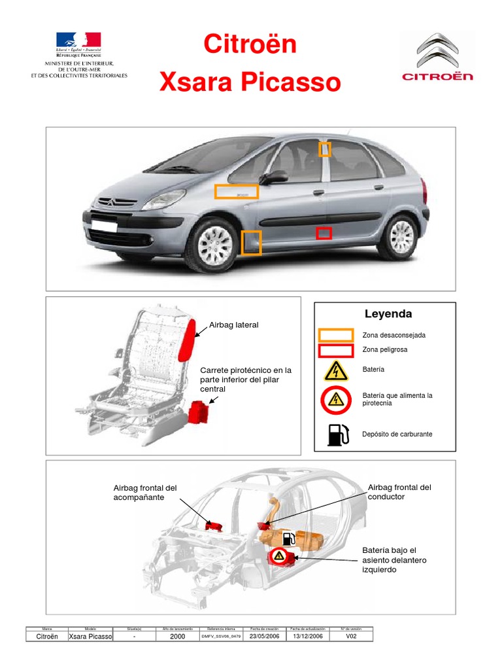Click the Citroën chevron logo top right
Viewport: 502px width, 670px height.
437,50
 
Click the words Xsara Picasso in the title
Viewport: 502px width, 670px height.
250,83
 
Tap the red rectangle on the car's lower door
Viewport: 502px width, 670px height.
324,233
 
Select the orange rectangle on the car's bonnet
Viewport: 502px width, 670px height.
237,192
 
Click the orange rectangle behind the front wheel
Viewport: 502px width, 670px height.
251,242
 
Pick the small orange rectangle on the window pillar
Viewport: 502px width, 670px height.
325,149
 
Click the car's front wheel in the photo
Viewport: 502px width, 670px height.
216,245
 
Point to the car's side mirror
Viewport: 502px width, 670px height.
275,177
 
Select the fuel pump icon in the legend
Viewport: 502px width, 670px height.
337,434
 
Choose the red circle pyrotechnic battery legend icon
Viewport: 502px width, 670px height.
336,400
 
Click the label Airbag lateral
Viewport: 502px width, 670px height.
233,325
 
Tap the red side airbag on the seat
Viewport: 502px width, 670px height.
188,338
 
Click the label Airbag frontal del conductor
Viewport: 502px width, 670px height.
399,492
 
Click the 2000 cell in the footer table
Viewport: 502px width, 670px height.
178,636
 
